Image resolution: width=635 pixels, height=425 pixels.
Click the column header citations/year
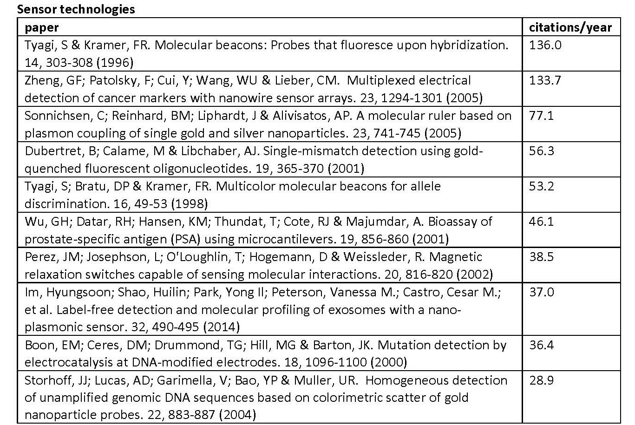point(570,27)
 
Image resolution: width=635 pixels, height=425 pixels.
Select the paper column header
point(42,27)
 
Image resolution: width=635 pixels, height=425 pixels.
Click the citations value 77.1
point(541,116)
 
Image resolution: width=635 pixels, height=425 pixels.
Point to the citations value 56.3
point(542,151)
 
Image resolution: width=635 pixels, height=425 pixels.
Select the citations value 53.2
point(542,186)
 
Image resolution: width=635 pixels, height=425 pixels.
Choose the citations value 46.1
point(541,222)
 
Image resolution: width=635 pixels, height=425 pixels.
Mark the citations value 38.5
point(542,257)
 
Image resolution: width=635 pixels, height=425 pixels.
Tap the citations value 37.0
point(542,292)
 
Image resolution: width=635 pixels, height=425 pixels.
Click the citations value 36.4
point(542,345)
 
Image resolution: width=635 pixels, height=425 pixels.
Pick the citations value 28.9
point(542,380)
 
